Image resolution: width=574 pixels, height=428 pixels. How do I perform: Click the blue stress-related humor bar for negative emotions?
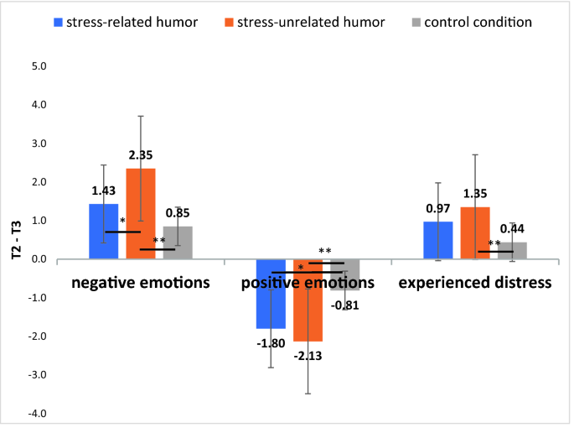104,232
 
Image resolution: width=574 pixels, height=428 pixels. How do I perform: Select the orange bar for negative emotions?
141,214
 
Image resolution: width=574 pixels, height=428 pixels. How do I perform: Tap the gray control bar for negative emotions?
177,243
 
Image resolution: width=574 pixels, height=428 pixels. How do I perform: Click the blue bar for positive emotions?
271,294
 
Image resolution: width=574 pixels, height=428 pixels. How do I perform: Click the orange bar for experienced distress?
475,233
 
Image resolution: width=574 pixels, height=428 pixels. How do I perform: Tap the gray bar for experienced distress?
512,251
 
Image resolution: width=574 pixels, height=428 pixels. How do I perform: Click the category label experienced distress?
475,282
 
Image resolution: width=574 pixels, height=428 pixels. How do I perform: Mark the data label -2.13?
308,357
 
